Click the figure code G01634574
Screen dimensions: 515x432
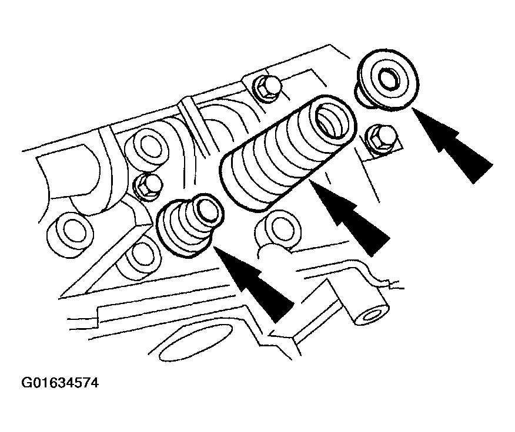(x=60, y=383)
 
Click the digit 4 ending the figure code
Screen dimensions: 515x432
(x=94, y=383)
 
